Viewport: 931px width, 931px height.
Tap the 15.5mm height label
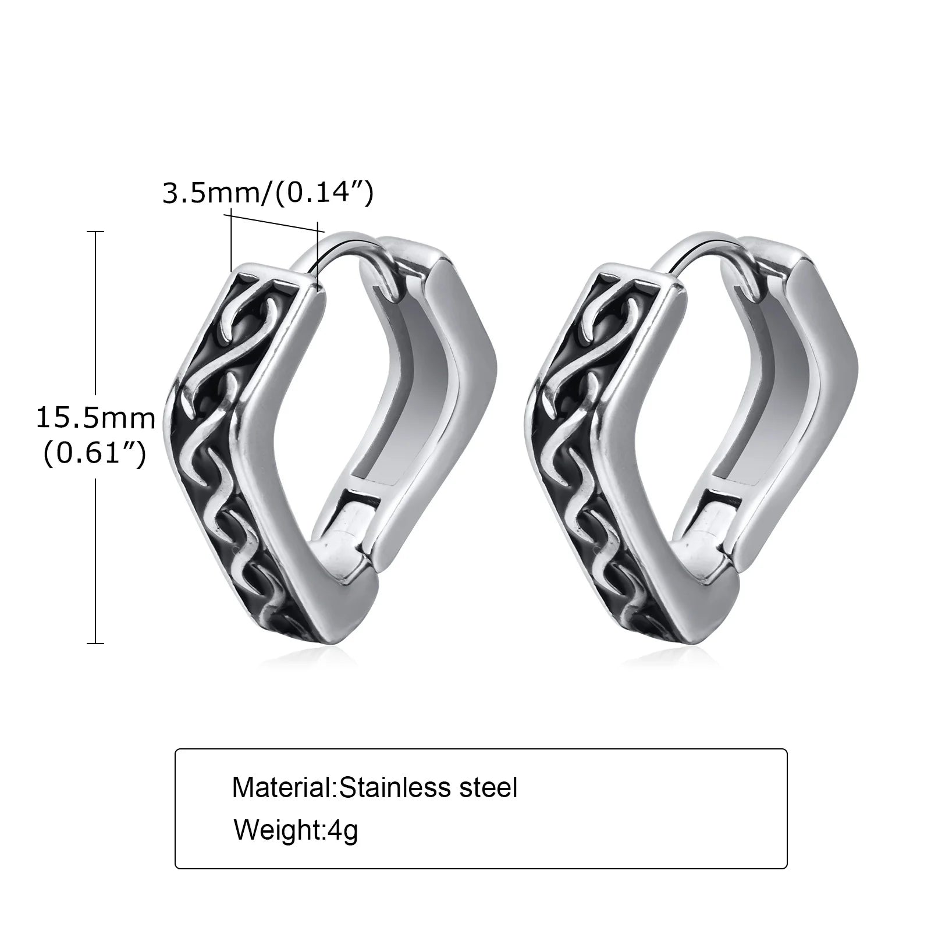click(x=96, y=418)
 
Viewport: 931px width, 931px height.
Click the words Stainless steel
click(x=428, y=788)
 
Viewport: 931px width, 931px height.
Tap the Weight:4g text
click(x=296, y=830)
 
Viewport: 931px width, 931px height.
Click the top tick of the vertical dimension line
click(x=95, y=232)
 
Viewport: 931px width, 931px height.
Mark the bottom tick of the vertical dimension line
click(x=95, y=643)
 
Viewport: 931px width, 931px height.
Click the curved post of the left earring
click(x=337, y=247)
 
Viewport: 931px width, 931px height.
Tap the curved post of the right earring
click(x=698, y=247)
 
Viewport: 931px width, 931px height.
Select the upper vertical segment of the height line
click(x=95, y=314)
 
